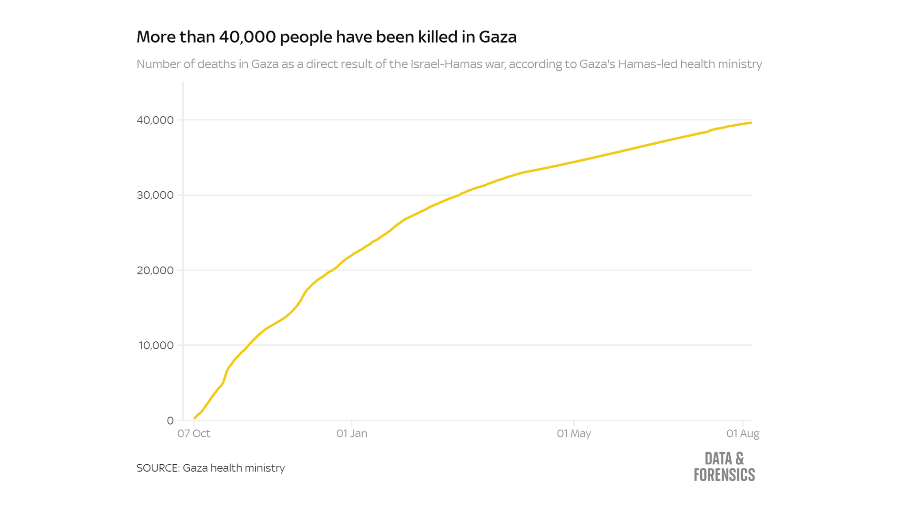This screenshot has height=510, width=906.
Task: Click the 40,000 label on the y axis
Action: (155, 120)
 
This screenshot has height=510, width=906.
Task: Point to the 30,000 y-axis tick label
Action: (155, 195)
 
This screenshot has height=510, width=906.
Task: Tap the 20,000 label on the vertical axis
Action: (155, 270)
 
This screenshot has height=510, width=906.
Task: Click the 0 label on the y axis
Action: (170, 421)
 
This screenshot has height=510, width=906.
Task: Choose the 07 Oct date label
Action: (194, 433)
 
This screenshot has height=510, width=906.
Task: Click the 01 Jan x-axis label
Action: (352, 433)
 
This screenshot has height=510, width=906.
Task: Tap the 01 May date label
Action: (574, 433)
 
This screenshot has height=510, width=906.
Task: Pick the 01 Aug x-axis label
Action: (743, 433)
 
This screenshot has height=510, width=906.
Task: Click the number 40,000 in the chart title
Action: (247, 37)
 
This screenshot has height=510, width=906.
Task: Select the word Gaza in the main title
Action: (498, 37)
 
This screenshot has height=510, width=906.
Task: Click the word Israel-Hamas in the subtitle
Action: (458, 64)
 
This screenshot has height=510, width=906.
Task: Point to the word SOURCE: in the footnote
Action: (158, 468)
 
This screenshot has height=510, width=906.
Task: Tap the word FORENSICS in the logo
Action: (724, 475)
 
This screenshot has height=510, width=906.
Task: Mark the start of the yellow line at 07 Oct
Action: (194, 418)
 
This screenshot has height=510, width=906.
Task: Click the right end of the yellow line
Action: (751, 123)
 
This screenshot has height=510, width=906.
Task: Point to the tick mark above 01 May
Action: (574, 423)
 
